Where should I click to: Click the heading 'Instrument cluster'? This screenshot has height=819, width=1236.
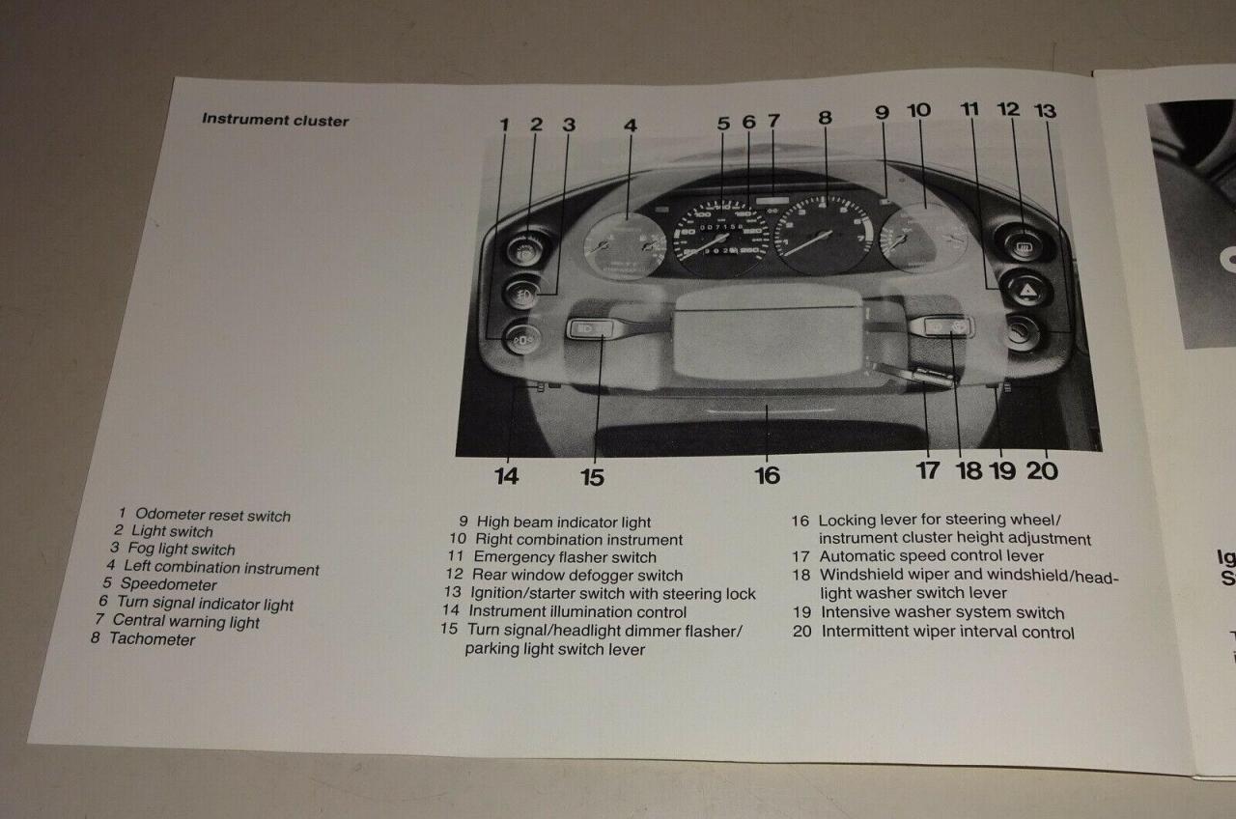[x=275, y=121]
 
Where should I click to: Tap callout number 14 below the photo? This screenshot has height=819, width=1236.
[x=506, y=475]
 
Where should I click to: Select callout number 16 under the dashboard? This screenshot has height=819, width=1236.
[x=767, y=475]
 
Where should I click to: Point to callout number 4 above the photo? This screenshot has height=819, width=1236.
[x=630, y=125]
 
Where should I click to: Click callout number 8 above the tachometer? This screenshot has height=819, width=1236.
[x=825, y=118]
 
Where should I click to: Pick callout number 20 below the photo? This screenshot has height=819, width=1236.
[x=1042, y=470]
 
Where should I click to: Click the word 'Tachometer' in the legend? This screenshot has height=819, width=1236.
[x=152, y=639]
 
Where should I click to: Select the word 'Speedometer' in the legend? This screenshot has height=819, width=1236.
[x=168, y=584]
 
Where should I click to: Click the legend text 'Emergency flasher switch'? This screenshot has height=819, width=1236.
[x=564, y=557]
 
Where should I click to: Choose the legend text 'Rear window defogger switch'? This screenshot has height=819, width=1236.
[x=576, y=576]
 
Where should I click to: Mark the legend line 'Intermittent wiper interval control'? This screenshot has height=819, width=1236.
[x=946, y=633]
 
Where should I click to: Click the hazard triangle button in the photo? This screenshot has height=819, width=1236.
[x=1025, y=288]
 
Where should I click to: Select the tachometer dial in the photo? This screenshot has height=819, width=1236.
[x=824, y=234]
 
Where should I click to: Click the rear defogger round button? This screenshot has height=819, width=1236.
[x=1023, y=243]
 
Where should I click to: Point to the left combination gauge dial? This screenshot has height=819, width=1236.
[x=625, y=245]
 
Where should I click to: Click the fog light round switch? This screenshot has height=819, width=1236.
[x=522, y=292]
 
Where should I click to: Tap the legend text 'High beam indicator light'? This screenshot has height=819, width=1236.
[x=564, y=522]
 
